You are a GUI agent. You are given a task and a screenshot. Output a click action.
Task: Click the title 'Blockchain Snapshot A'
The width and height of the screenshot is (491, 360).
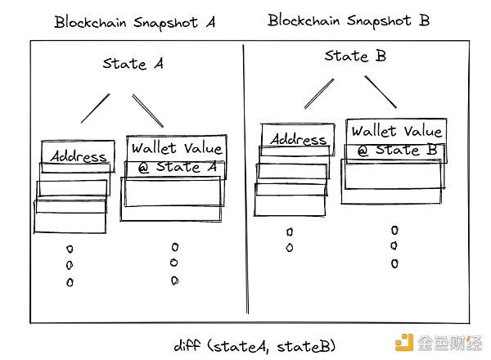coord(135,22)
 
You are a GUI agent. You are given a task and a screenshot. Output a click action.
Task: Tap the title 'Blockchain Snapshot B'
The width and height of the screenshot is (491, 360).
coord(349,20)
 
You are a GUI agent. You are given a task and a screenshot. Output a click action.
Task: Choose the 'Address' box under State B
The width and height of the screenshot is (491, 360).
coord(298,140)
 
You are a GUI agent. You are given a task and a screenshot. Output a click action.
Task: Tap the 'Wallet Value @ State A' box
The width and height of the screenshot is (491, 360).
coord(176,157)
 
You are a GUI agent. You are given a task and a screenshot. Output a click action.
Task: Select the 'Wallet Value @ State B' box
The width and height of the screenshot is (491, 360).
coord(395,141)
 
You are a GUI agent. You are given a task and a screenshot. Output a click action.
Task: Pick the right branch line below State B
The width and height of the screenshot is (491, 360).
coord(380,91)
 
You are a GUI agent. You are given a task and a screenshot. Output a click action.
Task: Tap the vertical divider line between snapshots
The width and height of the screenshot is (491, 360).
coord(245,180)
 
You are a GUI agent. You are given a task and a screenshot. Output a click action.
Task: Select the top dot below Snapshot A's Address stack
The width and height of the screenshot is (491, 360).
coord(70,249)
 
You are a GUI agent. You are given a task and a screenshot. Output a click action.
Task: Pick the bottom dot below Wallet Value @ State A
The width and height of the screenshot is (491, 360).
coord(174,281)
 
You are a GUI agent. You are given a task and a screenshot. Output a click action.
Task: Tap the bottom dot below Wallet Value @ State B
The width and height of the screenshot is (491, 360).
coord(394,263)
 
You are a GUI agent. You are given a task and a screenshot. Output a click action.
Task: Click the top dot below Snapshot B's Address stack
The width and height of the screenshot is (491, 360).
coord(290,232)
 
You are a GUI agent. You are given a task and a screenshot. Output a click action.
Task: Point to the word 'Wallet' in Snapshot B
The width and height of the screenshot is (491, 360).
coord(376,132)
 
